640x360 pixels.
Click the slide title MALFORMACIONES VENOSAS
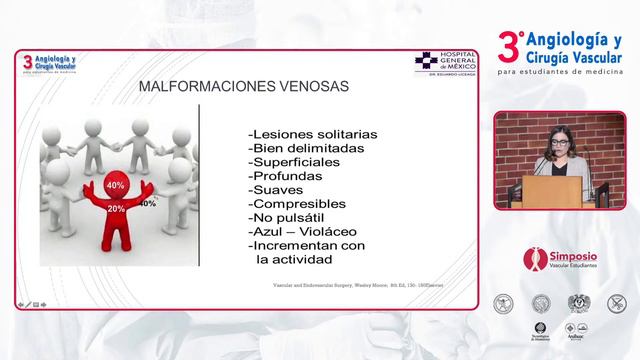242,87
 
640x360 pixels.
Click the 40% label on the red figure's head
115,186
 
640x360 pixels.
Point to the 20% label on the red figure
116,208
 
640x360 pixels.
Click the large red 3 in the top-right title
508,46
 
